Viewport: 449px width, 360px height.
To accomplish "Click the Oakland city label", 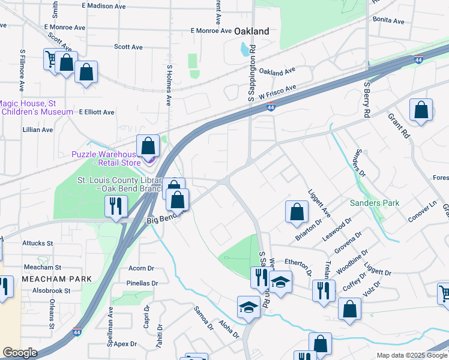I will (250, 31).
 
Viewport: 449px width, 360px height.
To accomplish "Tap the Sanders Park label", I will (375, 203).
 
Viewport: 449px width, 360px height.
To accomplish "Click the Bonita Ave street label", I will (388, 20).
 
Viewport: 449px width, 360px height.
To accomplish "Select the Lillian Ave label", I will (38, 129).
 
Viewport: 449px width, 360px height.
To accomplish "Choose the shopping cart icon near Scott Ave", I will (51, 58).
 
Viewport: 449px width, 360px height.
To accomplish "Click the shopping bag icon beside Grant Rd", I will (421, 110).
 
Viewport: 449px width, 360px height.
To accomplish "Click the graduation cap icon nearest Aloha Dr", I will (249, 307).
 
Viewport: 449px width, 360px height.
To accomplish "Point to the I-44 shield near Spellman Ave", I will (77, 331).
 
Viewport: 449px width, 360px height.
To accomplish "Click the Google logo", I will (20, 353).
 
